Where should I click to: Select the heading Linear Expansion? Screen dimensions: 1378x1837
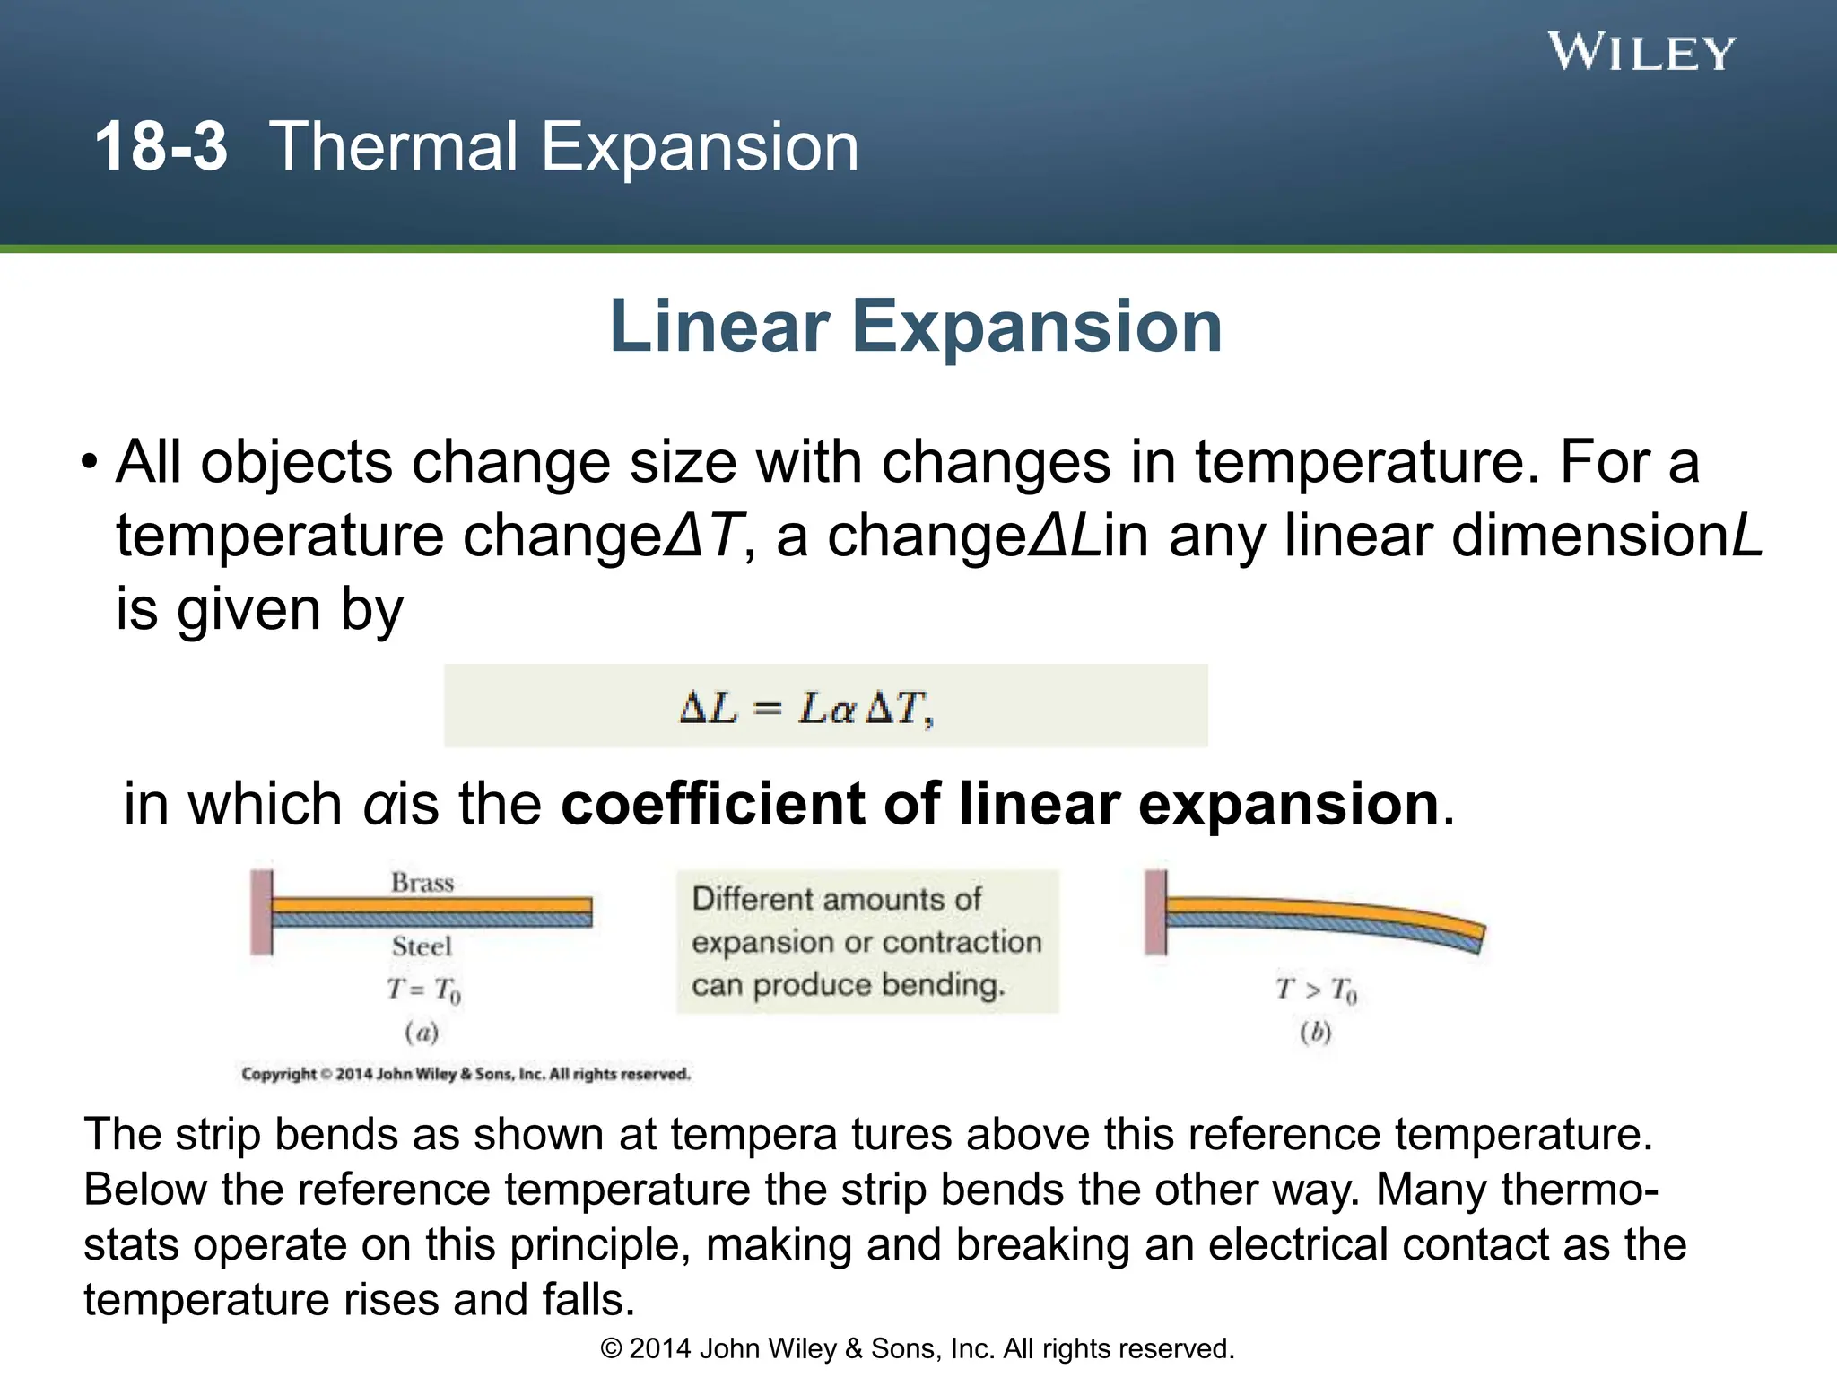pyautogui.click(x=916, y=327)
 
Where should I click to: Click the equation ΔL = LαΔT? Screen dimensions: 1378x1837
pyautogui.click(x=806, y=708)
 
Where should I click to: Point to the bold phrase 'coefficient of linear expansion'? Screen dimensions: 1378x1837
pyautogui.click(x=999, y=803)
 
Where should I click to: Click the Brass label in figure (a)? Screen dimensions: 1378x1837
pyautogui.click(x=422, y=883)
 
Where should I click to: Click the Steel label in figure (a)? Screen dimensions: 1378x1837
pyautogui.click(x=422, y=946)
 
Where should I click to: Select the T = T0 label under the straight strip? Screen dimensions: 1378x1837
pyautogui.click(x=423, y=990)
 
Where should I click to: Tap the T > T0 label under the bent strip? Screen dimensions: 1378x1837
pyautogui.click(x=1316, y=990)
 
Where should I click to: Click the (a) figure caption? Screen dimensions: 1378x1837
pyautogui.click(x=422, y=1033)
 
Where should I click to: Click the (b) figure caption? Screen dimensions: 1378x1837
pyautogui.click(x=1316, y=1033)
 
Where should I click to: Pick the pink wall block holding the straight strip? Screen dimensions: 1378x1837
pyautogui.click(x=261, y=911)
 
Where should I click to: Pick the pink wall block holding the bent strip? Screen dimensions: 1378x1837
pyautogui.click(x=1156, y=911)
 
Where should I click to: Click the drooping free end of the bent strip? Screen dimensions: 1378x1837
pyautogui.click(x=1471, y=937)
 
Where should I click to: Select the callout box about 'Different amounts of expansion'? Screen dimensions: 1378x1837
pyautogui.click(x=866, y=942)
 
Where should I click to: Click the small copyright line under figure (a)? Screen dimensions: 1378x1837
pyautogui.click(x=466, y=1074)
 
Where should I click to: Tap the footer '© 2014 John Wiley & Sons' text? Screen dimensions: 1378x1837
pyautogui.click(x=917, y=1348)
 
